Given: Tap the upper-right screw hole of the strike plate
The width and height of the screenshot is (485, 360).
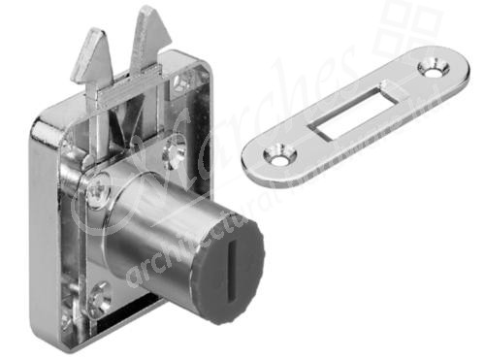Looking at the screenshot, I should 431,70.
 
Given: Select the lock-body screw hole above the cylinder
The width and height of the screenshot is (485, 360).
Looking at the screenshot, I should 177,147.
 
